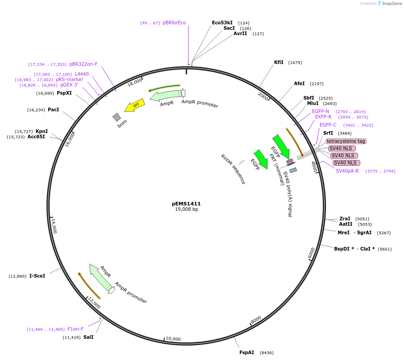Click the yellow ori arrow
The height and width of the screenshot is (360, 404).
point(135,105)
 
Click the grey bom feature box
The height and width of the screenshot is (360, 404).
point(117,117)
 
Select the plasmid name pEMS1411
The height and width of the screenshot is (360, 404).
point(186,204)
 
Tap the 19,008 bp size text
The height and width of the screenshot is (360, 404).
point(186,210)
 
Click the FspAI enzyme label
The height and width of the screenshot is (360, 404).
point(247,352)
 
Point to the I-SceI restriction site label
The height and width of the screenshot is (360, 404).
point(37,276)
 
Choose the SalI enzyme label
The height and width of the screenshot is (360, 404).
point(88,337)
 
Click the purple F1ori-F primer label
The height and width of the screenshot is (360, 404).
point(75,329)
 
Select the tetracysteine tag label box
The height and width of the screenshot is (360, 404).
point(346,141)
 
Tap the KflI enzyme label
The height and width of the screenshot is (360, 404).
point(279,62)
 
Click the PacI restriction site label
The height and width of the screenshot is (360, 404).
point(53,109)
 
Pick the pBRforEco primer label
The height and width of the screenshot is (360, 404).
point(174,23)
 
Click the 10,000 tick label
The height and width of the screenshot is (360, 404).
point(173,339)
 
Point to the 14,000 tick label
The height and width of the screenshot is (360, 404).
point(54,226)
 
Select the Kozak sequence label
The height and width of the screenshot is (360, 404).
point(233,169)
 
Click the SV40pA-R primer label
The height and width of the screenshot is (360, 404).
point(347,171)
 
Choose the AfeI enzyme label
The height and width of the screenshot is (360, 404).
point(299,83)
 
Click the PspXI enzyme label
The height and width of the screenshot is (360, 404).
point(64,93)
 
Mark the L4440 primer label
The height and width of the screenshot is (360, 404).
point(82,74)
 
